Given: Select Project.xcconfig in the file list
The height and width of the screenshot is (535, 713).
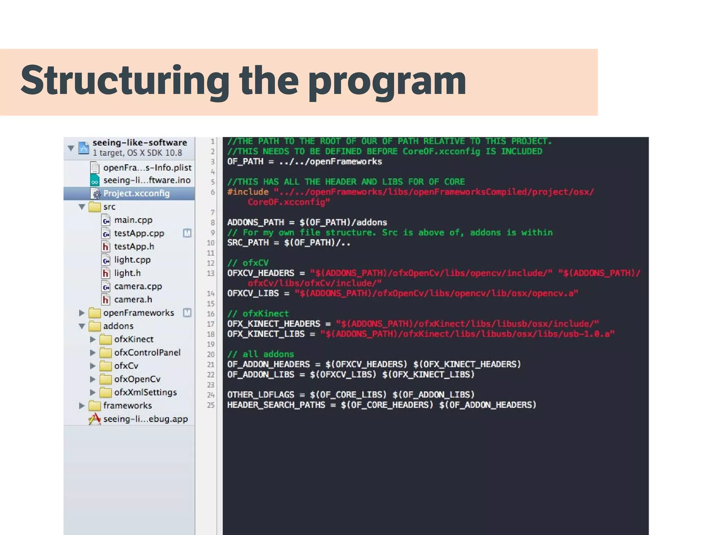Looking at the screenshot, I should click(136, 193).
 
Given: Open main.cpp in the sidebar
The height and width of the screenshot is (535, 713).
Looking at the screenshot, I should click(133, 220).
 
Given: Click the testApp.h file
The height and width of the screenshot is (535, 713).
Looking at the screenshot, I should click(134, 247).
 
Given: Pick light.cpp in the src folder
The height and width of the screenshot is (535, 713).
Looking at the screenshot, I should click(132, 260).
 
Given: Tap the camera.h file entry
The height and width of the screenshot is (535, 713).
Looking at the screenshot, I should click(133, 300).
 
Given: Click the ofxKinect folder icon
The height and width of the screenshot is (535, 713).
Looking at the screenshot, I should click(105, 339).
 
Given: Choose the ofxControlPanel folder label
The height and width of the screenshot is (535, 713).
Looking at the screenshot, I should click(147, 352).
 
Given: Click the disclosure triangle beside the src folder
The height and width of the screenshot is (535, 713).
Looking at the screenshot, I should click(82, 207).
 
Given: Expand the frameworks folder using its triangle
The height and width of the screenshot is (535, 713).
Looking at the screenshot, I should click(82, 405).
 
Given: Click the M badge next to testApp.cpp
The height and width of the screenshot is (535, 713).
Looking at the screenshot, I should click(187, 233).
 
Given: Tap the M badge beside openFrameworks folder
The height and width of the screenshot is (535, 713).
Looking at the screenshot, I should click(187, 313).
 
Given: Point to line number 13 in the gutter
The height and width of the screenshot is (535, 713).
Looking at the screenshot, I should click(211, 273).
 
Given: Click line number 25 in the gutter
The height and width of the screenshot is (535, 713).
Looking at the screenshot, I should click(211, 405).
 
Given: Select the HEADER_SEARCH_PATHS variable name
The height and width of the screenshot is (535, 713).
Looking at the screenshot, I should click(276, 405).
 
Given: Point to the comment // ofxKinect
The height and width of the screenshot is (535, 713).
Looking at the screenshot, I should click(258, 313).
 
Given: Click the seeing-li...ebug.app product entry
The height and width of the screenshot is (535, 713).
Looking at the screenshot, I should click(145, 419).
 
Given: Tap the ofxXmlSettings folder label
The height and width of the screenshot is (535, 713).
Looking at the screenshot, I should click(146, 393).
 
